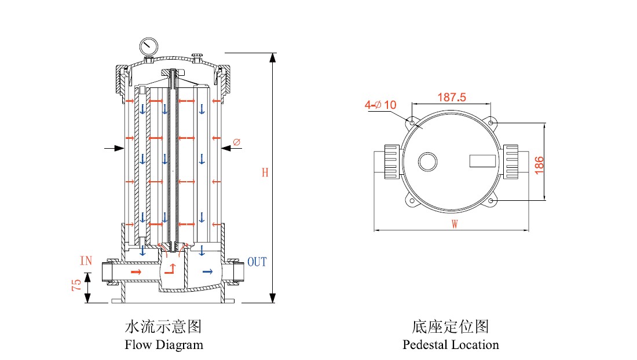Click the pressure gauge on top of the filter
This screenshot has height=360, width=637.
pos(149,46)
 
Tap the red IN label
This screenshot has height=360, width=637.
pos(86,261)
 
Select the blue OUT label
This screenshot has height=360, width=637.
pos(257,262)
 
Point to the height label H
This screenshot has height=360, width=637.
pos(265,172)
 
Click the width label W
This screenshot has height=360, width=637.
pos(455,225)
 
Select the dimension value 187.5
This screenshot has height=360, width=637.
pos(452,97)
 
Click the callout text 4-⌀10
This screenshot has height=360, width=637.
pos(380,105)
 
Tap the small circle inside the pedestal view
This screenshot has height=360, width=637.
pos(428,161)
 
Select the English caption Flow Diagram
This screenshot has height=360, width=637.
pos(164,345)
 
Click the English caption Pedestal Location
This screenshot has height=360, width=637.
pos(451,345)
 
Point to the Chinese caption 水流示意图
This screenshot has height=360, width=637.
pos(163,327)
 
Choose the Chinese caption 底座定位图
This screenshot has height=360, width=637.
pos(451,327)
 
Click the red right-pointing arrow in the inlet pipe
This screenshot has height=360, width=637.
pos(136,271)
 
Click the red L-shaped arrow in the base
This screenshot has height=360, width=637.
pos(171,269)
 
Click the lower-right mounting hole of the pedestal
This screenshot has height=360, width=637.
pos(491,200)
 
